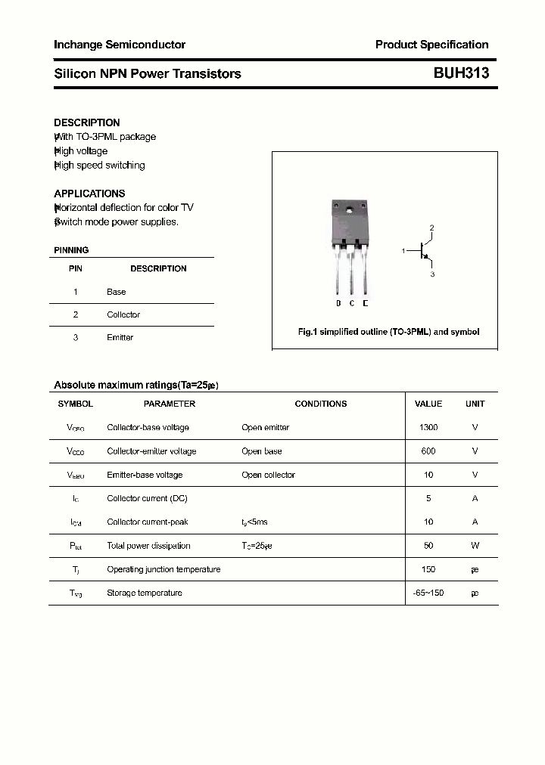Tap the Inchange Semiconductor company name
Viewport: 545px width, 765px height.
(x=120, y=45)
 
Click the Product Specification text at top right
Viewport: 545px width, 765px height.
(x=431, y=45)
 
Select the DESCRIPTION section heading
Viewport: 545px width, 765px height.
(x=87, y=122)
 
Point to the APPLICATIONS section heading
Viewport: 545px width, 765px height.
(x=89, y=194)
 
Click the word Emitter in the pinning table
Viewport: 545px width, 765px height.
(x=120, y=337)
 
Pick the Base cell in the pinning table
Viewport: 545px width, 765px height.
(x=117, y=292)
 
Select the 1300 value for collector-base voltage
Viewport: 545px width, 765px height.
(x=428, y=427)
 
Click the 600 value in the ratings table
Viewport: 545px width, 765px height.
(x=428, y=451)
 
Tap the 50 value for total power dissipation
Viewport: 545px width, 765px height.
(x=428, y=546)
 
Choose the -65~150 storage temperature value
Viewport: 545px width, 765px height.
(x=428, y=593)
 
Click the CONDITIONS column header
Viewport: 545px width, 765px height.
(x=320, y=404)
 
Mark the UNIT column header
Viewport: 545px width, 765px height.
(x=475, y=404)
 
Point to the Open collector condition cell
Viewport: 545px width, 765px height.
(x=268, y=475)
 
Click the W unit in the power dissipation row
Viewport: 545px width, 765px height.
(x=475, y=546)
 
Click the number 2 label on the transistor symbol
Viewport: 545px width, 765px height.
(x=431, y=228)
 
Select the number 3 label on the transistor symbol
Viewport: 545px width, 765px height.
(x=432, y=274)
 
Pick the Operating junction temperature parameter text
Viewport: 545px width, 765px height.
(x=163, y=569)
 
